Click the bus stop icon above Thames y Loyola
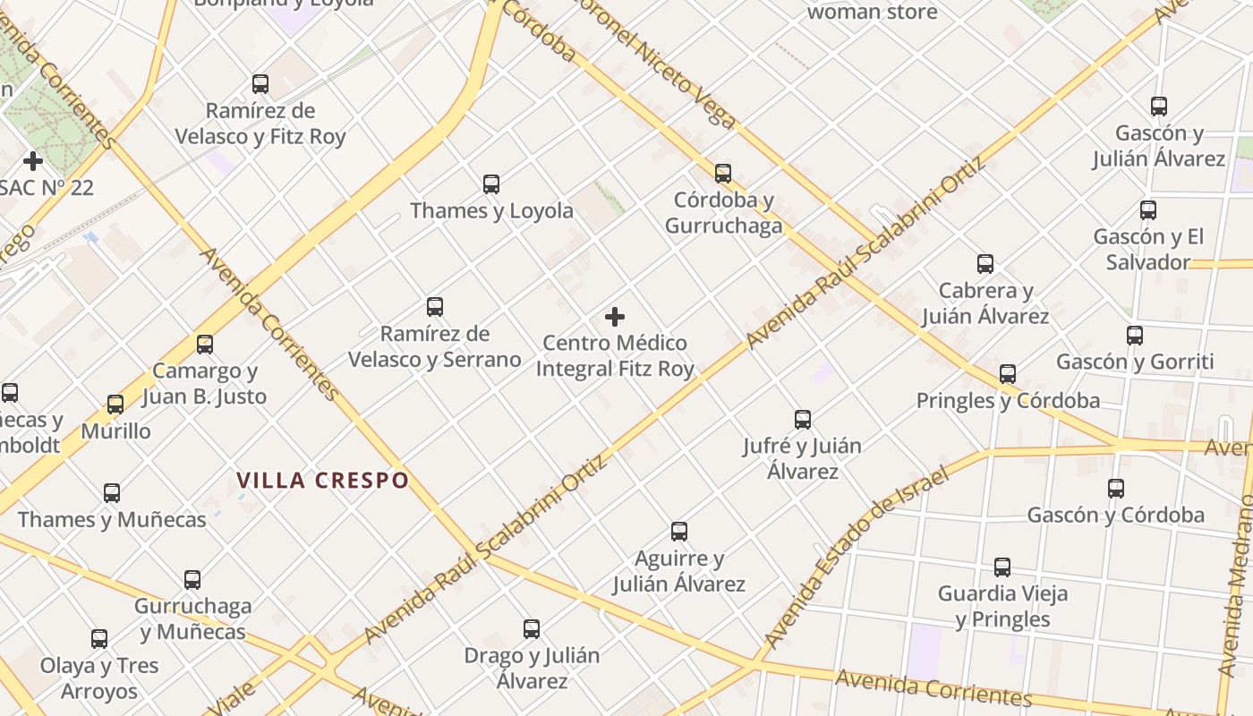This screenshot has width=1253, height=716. [x=491, y=184]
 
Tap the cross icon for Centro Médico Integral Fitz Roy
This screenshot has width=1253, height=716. [x=615, y=317]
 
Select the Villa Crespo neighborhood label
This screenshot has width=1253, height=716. [x=323, y=481]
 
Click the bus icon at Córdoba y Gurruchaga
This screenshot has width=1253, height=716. [x=723, y=174]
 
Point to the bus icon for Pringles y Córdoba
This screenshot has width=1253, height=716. [x=1008, y=374]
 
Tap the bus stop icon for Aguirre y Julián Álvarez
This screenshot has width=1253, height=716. [x=679, y=532]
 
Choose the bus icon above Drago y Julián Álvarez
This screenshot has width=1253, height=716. [x=532, y=629]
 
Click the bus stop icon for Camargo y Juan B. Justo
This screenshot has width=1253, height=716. [x=205, y=345]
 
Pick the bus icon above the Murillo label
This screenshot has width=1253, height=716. [x=115, y=405]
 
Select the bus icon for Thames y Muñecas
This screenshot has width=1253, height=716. [x=112, y=493]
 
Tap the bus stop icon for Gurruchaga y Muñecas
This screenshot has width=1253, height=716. [x=192, y=580]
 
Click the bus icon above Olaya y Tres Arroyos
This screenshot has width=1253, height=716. [x=99, y=639]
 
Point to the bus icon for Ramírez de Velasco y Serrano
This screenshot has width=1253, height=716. [x=435, y=307]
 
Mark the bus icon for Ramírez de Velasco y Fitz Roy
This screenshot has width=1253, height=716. [x=260, y=84]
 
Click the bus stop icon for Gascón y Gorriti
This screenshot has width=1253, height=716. [x=1135, y=336]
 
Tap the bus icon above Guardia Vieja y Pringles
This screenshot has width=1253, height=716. [x=1002, y=567]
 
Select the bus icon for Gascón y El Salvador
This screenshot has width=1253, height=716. [x=1148, y=210]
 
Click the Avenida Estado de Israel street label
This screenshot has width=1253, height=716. [x=854, y=558]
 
